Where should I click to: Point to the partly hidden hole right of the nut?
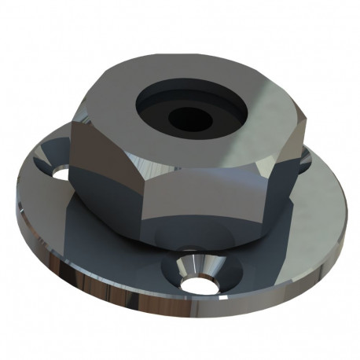pyautogui.click(x=305, y=161)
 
